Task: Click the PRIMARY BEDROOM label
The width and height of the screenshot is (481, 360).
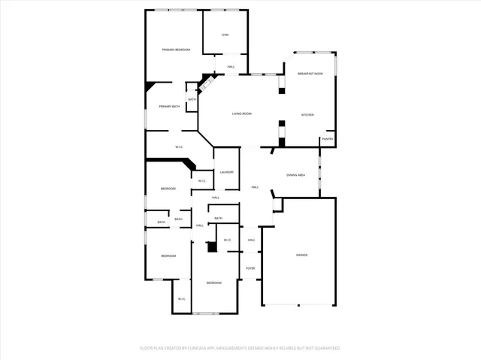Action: pos(176,50)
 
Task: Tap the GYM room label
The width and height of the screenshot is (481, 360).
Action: pos(224,35)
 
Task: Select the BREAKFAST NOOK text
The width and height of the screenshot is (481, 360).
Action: pos(310,74)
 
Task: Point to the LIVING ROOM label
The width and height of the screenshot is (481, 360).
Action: pos(241,113)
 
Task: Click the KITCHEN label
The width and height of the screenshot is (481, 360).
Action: pos(307,115)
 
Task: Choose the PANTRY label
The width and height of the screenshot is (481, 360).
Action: pos(327,139)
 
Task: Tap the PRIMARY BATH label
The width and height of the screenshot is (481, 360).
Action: pos(169,107)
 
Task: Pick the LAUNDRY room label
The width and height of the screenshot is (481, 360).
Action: pos(226,172)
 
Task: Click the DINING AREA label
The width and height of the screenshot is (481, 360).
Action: pos(295,175)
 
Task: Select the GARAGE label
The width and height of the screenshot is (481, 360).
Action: pos(301,255)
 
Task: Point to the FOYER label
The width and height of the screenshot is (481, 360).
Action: pos(250,268)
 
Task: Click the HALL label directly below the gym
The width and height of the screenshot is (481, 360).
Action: pos(231,67)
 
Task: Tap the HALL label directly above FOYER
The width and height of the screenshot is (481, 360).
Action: pos(252,240)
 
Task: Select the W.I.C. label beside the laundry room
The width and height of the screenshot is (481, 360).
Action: pos(201,181)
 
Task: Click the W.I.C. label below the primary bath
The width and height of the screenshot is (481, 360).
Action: pos(180,147)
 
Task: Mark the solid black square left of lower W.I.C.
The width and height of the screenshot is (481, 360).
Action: pos(212,246)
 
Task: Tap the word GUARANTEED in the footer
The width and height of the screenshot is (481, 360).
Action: pos(325,348)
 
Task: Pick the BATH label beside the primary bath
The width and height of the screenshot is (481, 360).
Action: pos(192,100)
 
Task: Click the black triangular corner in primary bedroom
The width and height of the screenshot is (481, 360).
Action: pos(150,86)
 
